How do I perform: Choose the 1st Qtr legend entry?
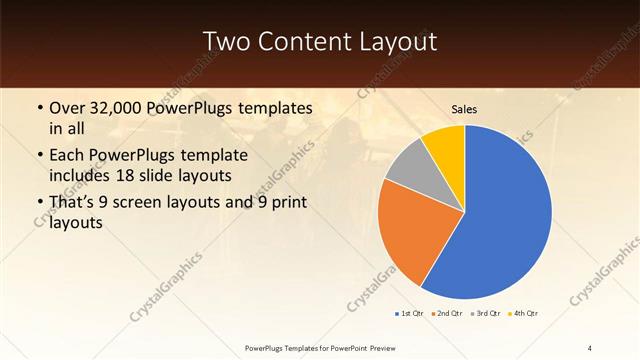[x=409, y=314]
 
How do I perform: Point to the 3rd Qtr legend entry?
[x=485, y=314]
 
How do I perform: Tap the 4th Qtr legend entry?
[x=524, y=314]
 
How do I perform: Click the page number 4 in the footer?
[x=590, y=347]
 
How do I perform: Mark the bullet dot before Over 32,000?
[x=39, y=109]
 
